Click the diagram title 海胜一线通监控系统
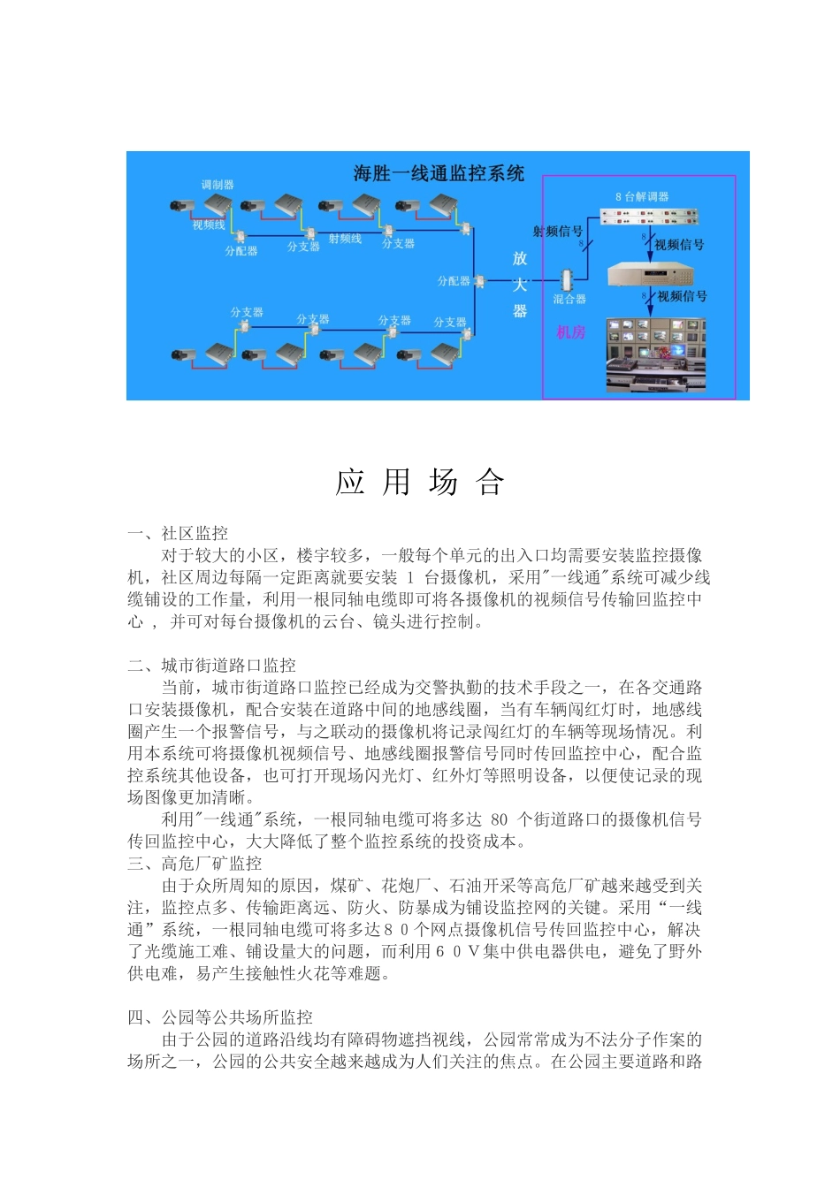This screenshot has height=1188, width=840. point(439,173)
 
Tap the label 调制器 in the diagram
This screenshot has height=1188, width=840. point(217,185)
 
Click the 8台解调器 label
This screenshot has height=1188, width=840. point(642,196)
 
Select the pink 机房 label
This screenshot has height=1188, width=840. point(571,332)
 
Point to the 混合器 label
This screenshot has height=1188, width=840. point(569,299)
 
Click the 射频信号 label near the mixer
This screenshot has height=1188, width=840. point(557,231)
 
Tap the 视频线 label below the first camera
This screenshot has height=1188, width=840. point(209,225)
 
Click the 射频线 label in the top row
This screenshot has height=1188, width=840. point(345,239)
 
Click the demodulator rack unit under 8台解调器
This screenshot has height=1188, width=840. point(650,217)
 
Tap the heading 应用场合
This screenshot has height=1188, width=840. point(419,483)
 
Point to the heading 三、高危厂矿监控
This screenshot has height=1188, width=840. point(195,864)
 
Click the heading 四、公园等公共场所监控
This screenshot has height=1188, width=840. point(220,1017)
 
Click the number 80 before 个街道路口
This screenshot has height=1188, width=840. point(499,819)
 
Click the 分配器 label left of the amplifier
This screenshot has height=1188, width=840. point(454,281)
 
